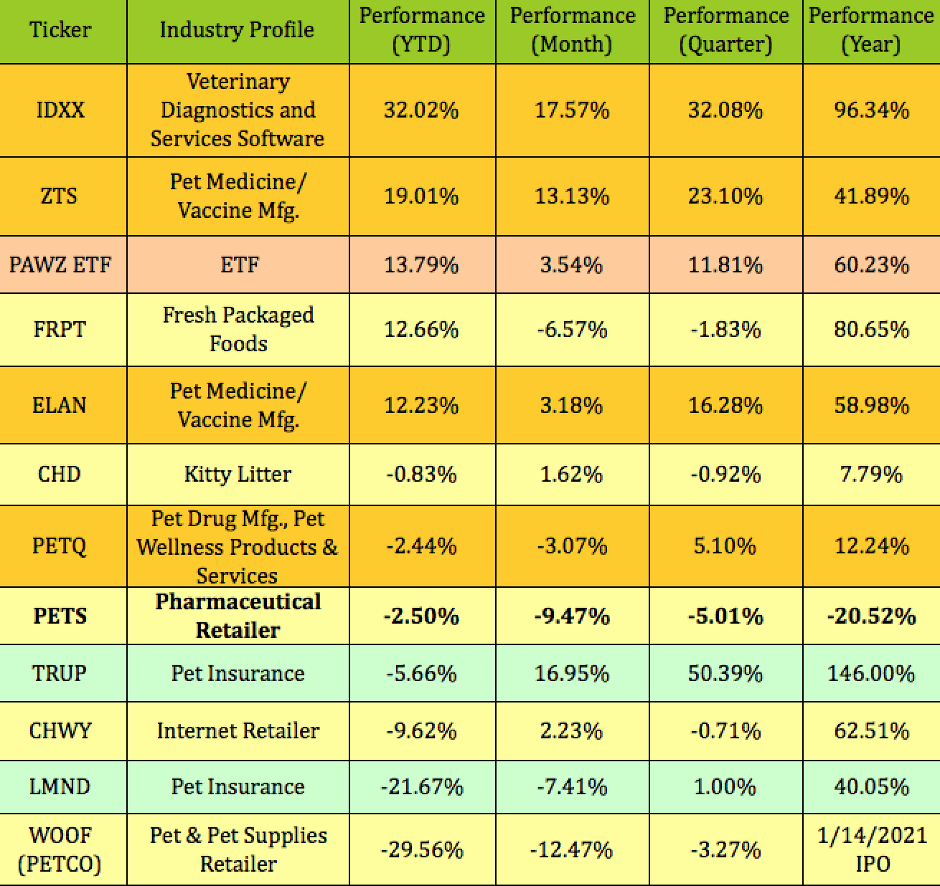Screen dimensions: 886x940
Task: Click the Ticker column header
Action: click(x=60, y=30)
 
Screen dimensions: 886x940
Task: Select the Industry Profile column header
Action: click(x=237, y=30)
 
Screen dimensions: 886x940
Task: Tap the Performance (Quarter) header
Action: click(x=725, y=30)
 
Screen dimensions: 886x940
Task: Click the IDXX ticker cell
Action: click(x=60, y=110)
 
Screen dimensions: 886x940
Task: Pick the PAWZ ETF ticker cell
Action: click(x=60, y=265)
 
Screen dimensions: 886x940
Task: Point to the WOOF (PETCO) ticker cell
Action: click(x=60, y=849)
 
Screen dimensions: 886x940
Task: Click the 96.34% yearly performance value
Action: click(x=871, y=110)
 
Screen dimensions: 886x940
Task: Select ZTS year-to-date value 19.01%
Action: click(x=421, y=196)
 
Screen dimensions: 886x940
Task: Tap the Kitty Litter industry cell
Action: click(x=238, y=474)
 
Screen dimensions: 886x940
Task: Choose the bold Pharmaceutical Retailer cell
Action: click(x=238, y=616)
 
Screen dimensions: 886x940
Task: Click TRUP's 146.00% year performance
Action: click(x=871, y=673)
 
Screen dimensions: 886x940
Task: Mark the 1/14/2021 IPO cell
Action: click(x=872, y=849)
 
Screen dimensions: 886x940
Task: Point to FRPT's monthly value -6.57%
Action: click(x=572, y=329)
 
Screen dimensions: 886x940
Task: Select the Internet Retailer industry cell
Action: click(x=238, y=730)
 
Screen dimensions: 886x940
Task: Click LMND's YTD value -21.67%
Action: click(x=421, y=786)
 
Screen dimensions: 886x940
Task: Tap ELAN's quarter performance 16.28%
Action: click(x=725, y=405)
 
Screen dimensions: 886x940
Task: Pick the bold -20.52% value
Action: click(x=871, y=616)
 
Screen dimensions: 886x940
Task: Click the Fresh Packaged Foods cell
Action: click(x=238, y=329)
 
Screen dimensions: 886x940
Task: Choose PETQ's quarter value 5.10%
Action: click(x=725, y=546)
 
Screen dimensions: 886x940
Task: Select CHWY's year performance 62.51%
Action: click(x=871, y=730)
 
